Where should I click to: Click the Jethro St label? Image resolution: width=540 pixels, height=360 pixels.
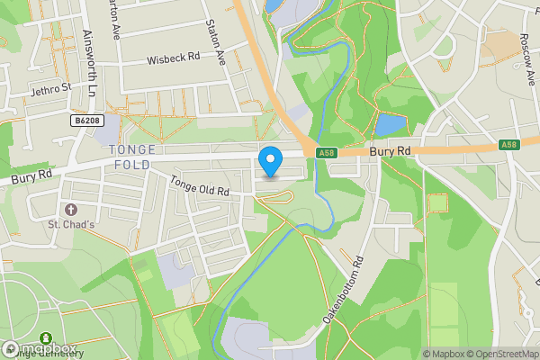click(x=49, y=89)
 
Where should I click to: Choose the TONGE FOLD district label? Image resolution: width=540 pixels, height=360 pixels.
click(x=132, y=157)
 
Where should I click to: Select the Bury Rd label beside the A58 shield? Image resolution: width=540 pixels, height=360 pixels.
click(x=391, y=152)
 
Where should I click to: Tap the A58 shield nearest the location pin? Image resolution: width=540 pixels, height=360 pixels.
click(x=326, y=153)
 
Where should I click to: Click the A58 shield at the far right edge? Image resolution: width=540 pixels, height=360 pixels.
click(x=510, y=144)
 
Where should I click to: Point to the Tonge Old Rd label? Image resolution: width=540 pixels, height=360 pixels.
click(x=200, y=187)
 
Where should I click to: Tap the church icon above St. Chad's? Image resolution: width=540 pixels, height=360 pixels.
click(x=59, y=209)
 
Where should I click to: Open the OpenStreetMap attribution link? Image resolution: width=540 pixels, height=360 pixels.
click(x=499, y=354)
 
